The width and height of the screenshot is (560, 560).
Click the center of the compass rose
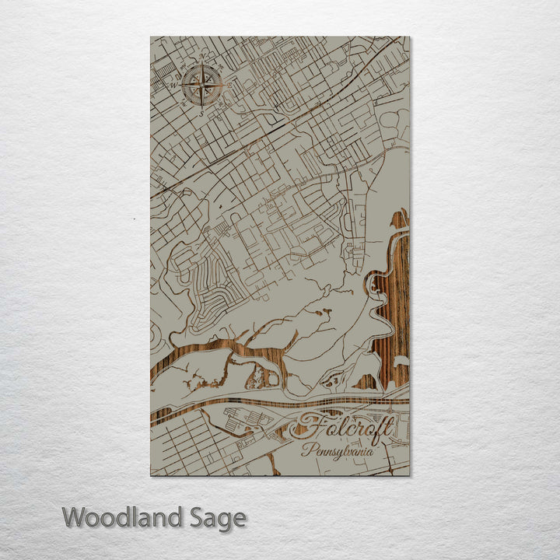pyautogui.click(x=202, y=85)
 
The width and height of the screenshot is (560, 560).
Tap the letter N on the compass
pyautogui.click(x=202, y=57)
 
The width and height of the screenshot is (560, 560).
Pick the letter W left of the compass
pyautogui.click(x=174, y=85)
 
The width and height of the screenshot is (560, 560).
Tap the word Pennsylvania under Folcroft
pyautogui.click(x=338, y=450)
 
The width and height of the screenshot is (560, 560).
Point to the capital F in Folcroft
pyautogui.click(x=305, y=427)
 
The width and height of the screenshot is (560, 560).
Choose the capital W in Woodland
pyautogui.click(x=75, y=517)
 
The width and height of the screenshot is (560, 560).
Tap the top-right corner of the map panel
pyautogui.click(x=409, y=37)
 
